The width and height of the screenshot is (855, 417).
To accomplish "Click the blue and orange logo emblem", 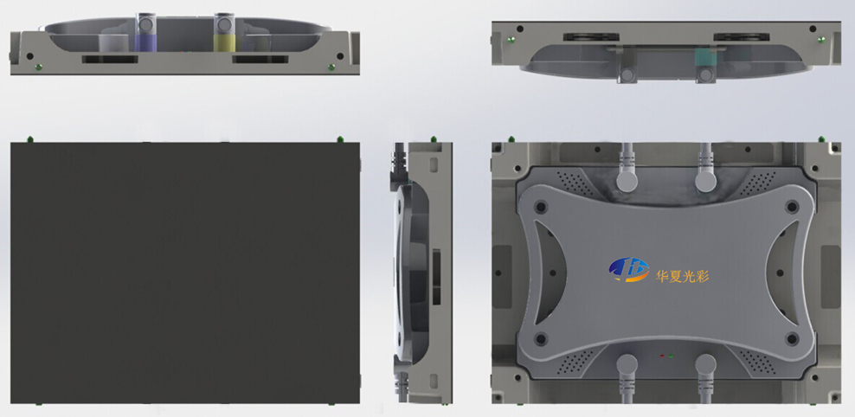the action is [629, 269].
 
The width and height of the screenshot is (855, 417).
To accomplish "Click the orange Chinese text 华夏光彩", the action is [682, 276].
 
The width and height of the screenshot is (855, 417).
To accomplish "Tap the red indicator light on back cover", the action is [662, 356].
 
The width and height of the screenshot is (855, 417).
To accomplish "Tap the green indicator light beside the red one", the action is [671, 356].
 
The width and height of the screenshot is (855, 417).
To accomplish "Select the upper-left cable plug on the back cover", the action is [627, 181].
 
